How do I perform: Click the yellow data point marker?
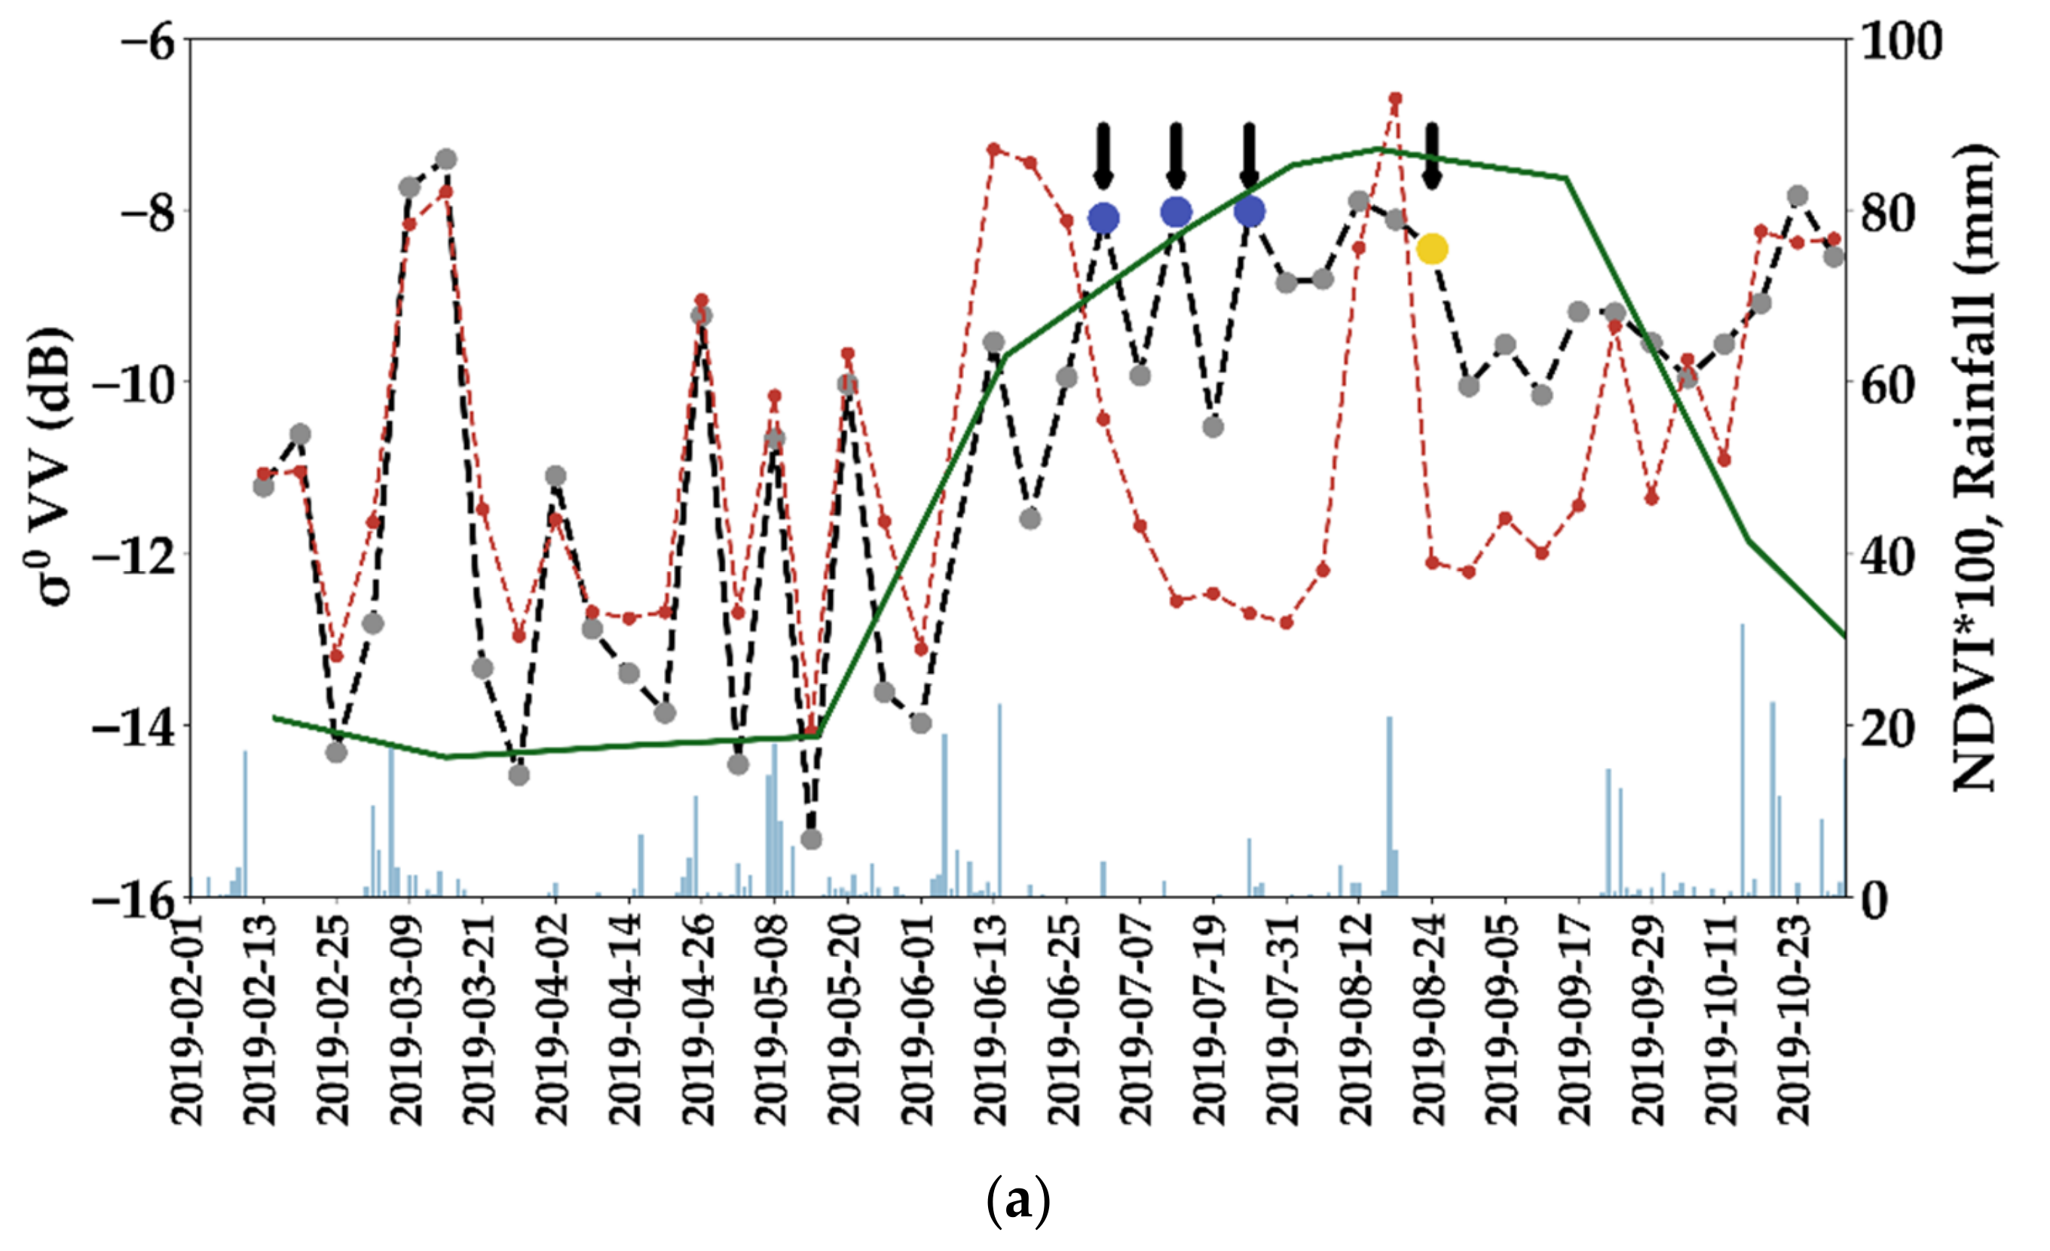click(x=1432, y=248)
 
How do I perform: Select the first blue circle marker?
click(x=1103, y=218)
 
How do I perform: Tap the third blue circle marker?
click(x=1250, y=211)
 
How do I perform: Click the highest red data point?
click(x=1396, y=99)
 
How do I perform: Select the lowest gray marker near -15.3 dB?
click(x=811, y=839)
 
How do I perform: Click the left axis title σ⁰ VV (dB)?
click(x=50, y=466)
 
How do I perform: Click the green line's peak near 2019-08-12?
click(x=1385, y=149)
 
